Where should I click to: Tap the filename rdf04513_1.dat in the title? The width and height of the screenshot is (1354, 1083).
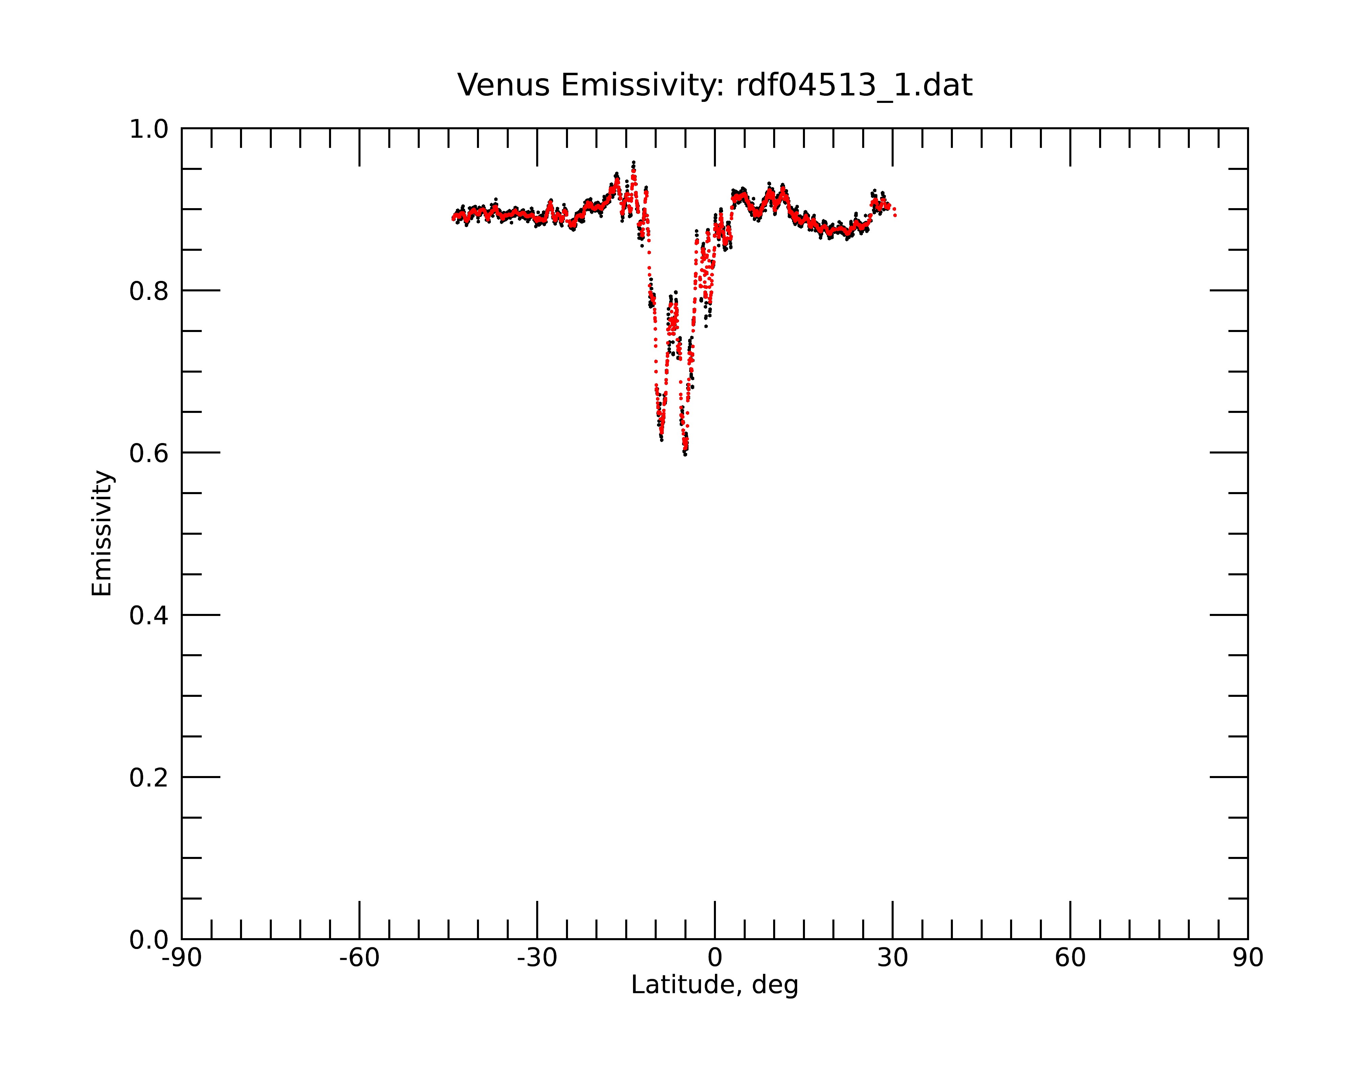coord(854,85)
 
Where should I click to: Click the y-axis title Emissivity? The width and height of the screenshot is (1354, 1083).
coord(102,533)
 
